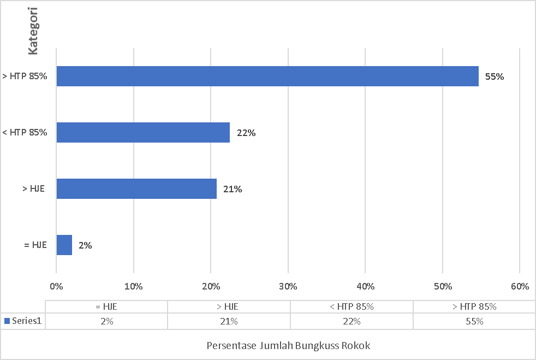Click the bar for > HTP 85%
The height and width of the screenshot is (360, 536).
[x=267, y=76]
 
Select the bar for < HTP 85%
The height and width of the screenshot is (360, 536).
[x=143, y=132]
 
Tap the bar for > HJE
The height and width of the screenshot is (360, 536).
[x=136, y=188]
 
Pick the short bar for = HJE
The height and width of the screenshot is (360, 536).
[x=64, y=245]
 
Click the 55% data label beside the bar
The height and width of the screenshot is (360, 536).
[x=495, y=77]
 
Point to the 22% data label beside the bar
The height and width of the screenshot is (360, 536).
[x=246, y=133]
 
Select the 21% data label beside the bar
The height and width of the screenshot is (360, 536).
[x=233, y=190]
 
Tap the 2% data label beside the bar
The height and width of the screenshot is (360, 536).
[x=85, y=246]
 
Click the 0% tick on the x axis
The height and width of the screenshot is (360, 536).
[x=56, y=286]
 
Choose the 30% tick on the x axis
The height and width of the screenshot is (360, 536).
[x=288, y=286]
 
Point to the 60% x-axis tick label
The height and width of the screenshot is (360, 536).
[x=520, y=286]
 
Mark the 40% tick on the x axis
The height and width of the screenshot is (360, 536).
[x=365, y=286]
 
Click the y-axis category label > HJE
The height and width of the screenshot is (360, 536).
[x=33, y=189]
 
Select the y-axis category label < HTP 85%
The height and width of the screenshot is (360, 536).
[x=25, y=132]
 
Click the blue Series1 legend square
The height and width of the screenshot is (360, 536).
[x=7, y=321]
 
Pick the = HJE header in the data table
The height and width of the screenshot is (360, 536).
[x=106, y=307]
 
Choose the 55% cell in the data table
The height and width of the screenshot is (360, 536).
[x=474, y=321]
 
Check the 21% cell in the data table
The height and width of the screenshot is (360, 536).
[x=229, y=321]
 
